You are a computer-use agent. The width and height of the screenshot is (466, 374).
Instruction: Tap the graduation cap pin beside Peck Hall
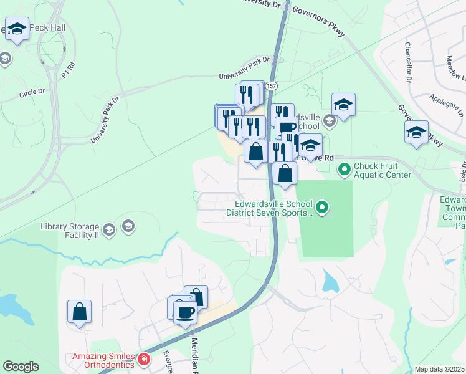[x=17, y=29]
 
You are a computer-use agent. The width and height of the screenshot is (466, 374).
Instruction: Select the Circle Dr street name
[x=32, y=93]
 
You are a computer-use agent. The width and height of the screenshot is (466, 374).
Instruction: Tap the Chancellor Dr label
[x=409, y=62]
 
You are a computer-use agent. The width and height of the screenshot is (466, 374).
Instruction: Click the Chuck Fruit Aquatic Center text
[x=383, y=170]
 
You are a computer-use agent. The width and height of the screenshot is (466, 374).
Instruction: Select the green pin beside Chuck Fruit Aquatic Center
[x=343, y=168]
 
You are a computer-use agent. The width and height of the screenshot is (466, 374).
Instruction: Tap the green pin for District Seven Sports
[x=321, y=206]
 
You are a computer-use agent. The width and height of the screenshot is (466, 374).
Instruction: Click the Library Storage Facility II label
[x=70, y=231]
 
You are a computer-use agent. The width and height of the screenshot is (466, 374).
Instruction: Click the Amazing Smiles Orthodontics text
[x=103, y=360]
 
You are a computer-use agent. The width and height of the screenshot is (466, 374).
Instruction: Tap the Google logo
[x=21, y=367]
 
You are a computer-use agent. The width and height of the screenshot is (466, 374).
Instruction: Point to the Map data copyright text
[x=439, y=369]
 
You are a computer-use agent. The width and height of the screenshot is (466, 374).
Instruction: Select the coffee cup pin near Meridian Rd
[x=185, y=312]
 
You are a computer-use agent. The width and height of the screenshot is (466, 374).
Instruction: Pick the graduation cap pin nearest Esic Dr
[x=416, y=133]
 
